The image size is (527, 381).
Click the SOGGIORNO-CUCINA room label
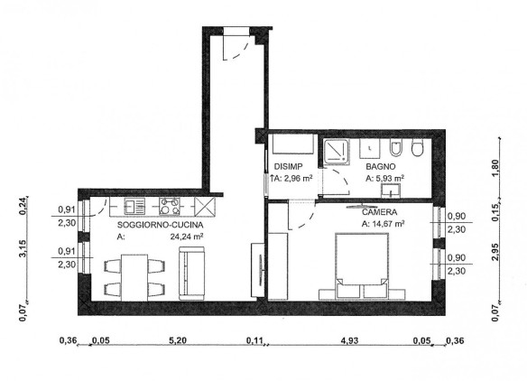click(160, 225)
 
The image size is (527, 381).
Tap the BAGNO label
click(381, 166)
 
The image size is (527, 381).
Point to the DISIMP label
click(289, 166)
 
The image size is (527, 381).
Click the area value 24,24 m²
click(186, 237)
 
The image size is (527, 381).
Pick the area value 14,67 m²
click(388, 224)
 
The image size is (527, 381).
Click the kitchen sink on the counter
click(134, 206)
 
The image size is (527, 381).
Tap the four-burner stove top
click(170, 206)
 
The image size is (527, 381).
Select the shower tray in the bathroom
click(337, 152)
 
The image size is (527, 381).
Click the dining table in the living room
click(134, 278)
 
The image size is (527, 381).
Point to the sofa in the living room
click(191, 274)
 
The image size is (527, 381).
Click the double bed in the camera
click(362, 265)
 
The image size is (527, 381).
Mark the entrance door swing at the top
click(236, 48)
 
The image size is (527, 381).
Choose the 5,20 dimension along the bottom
click(178, 340)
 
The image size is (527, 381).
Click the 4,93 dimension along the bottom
click(349, 340)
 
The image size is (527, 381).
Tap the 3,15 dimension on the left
click(23, 249)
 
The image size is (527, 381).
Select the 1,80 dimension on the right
click(495, 168)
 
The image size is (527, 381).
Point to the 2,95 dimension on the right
click(495, 252)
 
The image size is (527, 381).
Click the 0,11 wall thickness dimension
click(254, 340)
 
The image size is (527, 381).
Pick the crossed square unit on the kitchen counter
click(205, 206)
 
